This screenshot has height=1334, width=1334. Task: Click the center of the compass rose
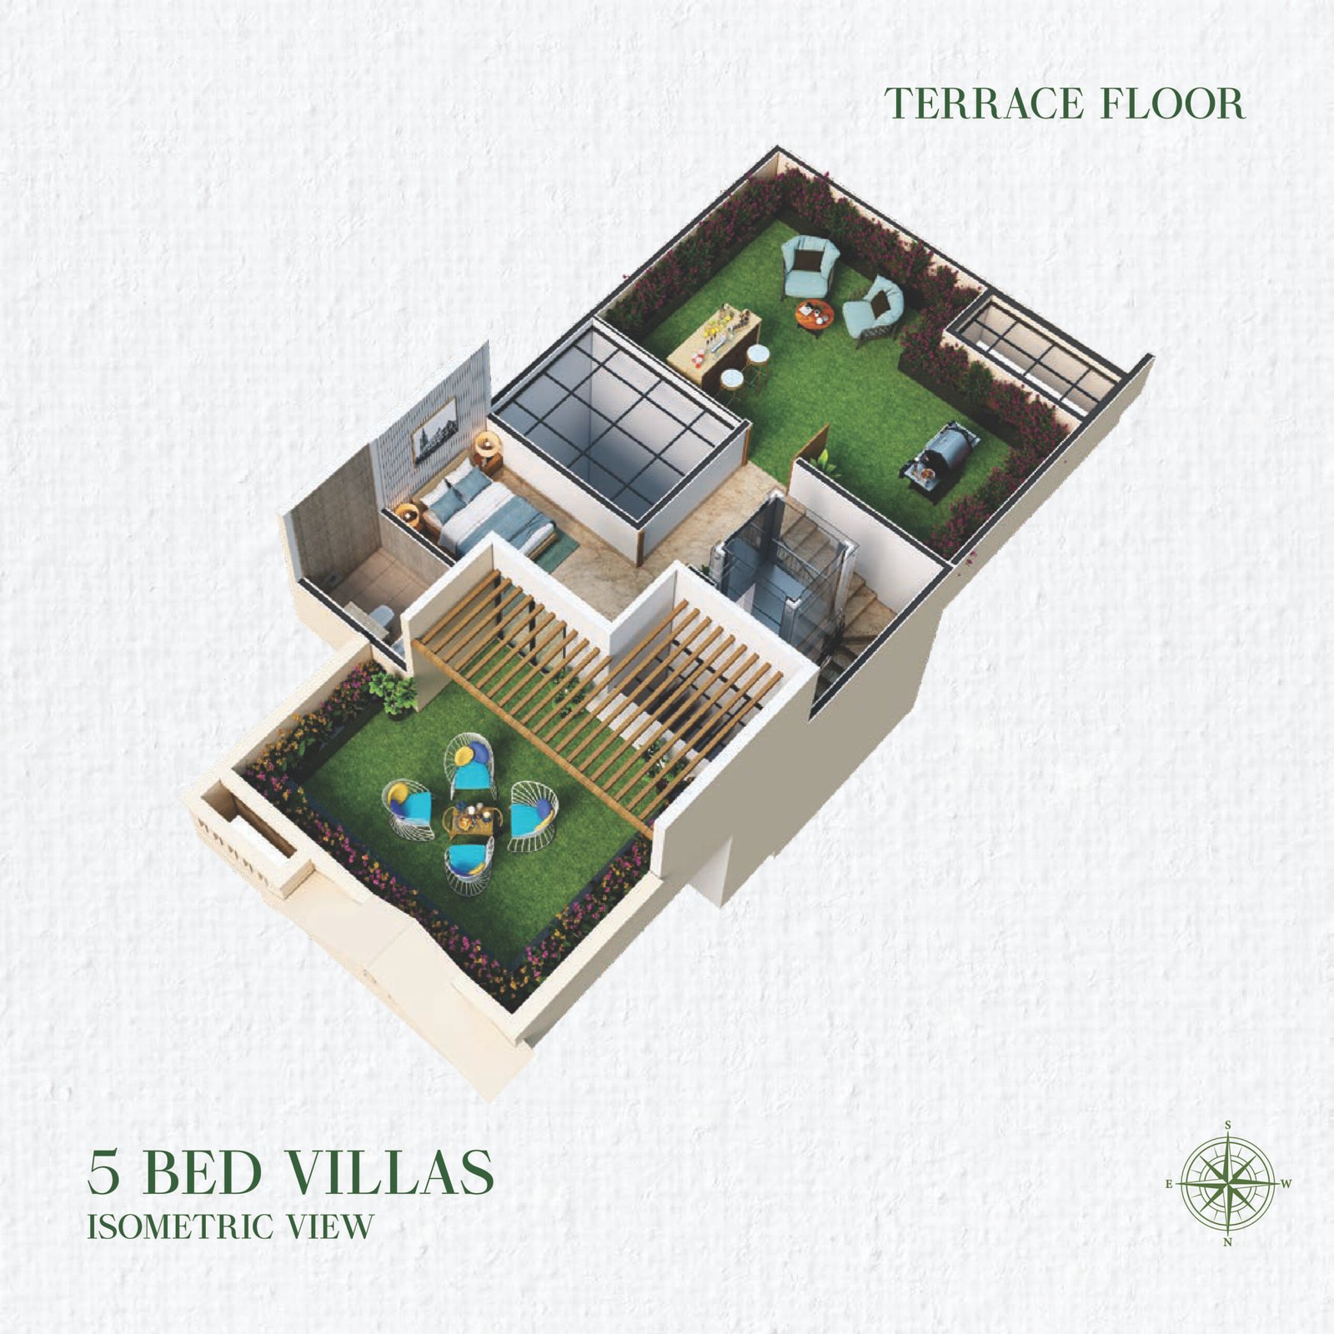1228,1183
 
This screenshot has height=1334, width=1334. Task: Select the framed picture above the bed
434,432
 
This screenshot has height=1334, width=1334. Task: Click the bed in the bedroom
488,511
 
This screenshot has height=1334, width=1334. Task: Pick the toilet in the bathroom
382,618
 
